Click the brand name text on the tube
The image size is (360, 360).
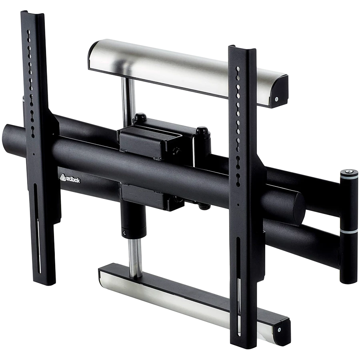point(73,180)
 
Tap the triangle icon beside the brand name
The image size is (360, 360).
point(63,177)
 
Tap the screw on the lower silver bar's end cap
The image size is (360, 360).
point(279,330)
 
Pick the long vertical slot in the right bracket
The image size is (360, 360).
point(239,280)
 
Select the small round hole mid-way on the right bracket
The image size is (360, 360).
point(238,205)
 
